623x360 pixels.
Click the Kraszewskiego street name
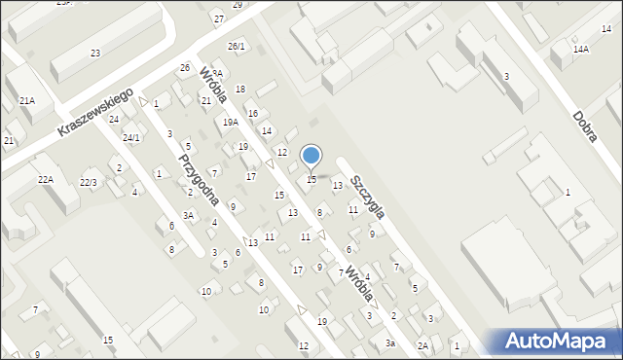click(94, 115)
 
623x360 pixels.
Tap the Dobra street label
click(585, 126)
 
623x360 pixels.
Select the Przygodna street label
click(198, 179)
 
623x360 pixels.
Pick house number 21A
click(27, 100)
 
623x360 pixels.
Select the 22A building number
click(46, 179)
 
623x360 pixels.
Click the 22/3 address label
click(89, 183)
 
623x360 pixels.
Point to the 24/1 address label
click(130, 138)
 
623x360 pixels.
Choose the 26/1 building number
click(237, 46)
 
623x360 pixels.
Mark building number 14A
click(581, 49)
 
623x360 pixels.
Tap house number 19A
click(231, 123)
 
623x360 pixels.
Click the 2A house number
click(423, 345)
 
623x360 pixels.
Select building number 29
click(238, 5)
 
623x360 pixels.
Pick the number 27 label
click(219, 19)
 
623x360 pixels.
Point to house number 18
click(240, 90)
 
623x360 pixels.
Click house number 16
click(253, 114)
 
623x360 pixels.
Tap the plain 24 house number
click(114, 120)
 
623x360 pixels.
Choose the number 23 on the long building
click(95, 53)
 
